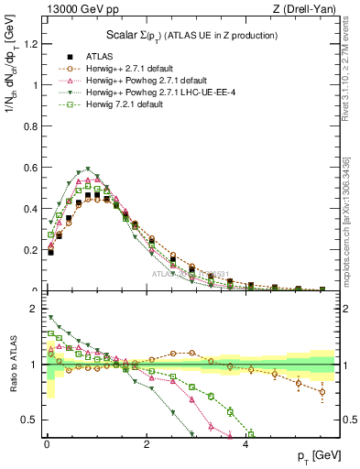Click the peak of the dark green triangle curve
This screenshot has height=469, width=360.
[87, 169]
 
